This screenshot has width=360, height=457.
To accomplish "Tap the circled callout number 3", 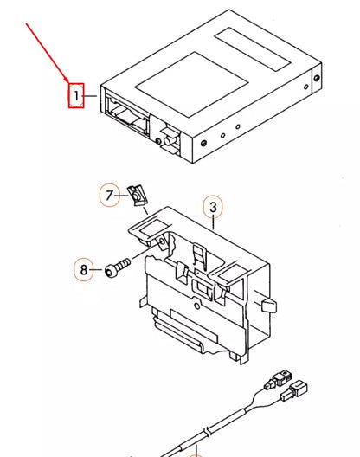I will [x=213, y=208].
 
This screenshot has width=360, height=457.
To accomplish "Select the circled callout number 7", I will [x=110, y=196].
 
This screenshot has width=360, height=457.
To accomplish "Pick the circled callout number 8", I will [x=84, y=270].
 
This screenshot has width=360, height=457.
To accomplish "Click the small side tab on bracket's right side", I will [x=269, y=306].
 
